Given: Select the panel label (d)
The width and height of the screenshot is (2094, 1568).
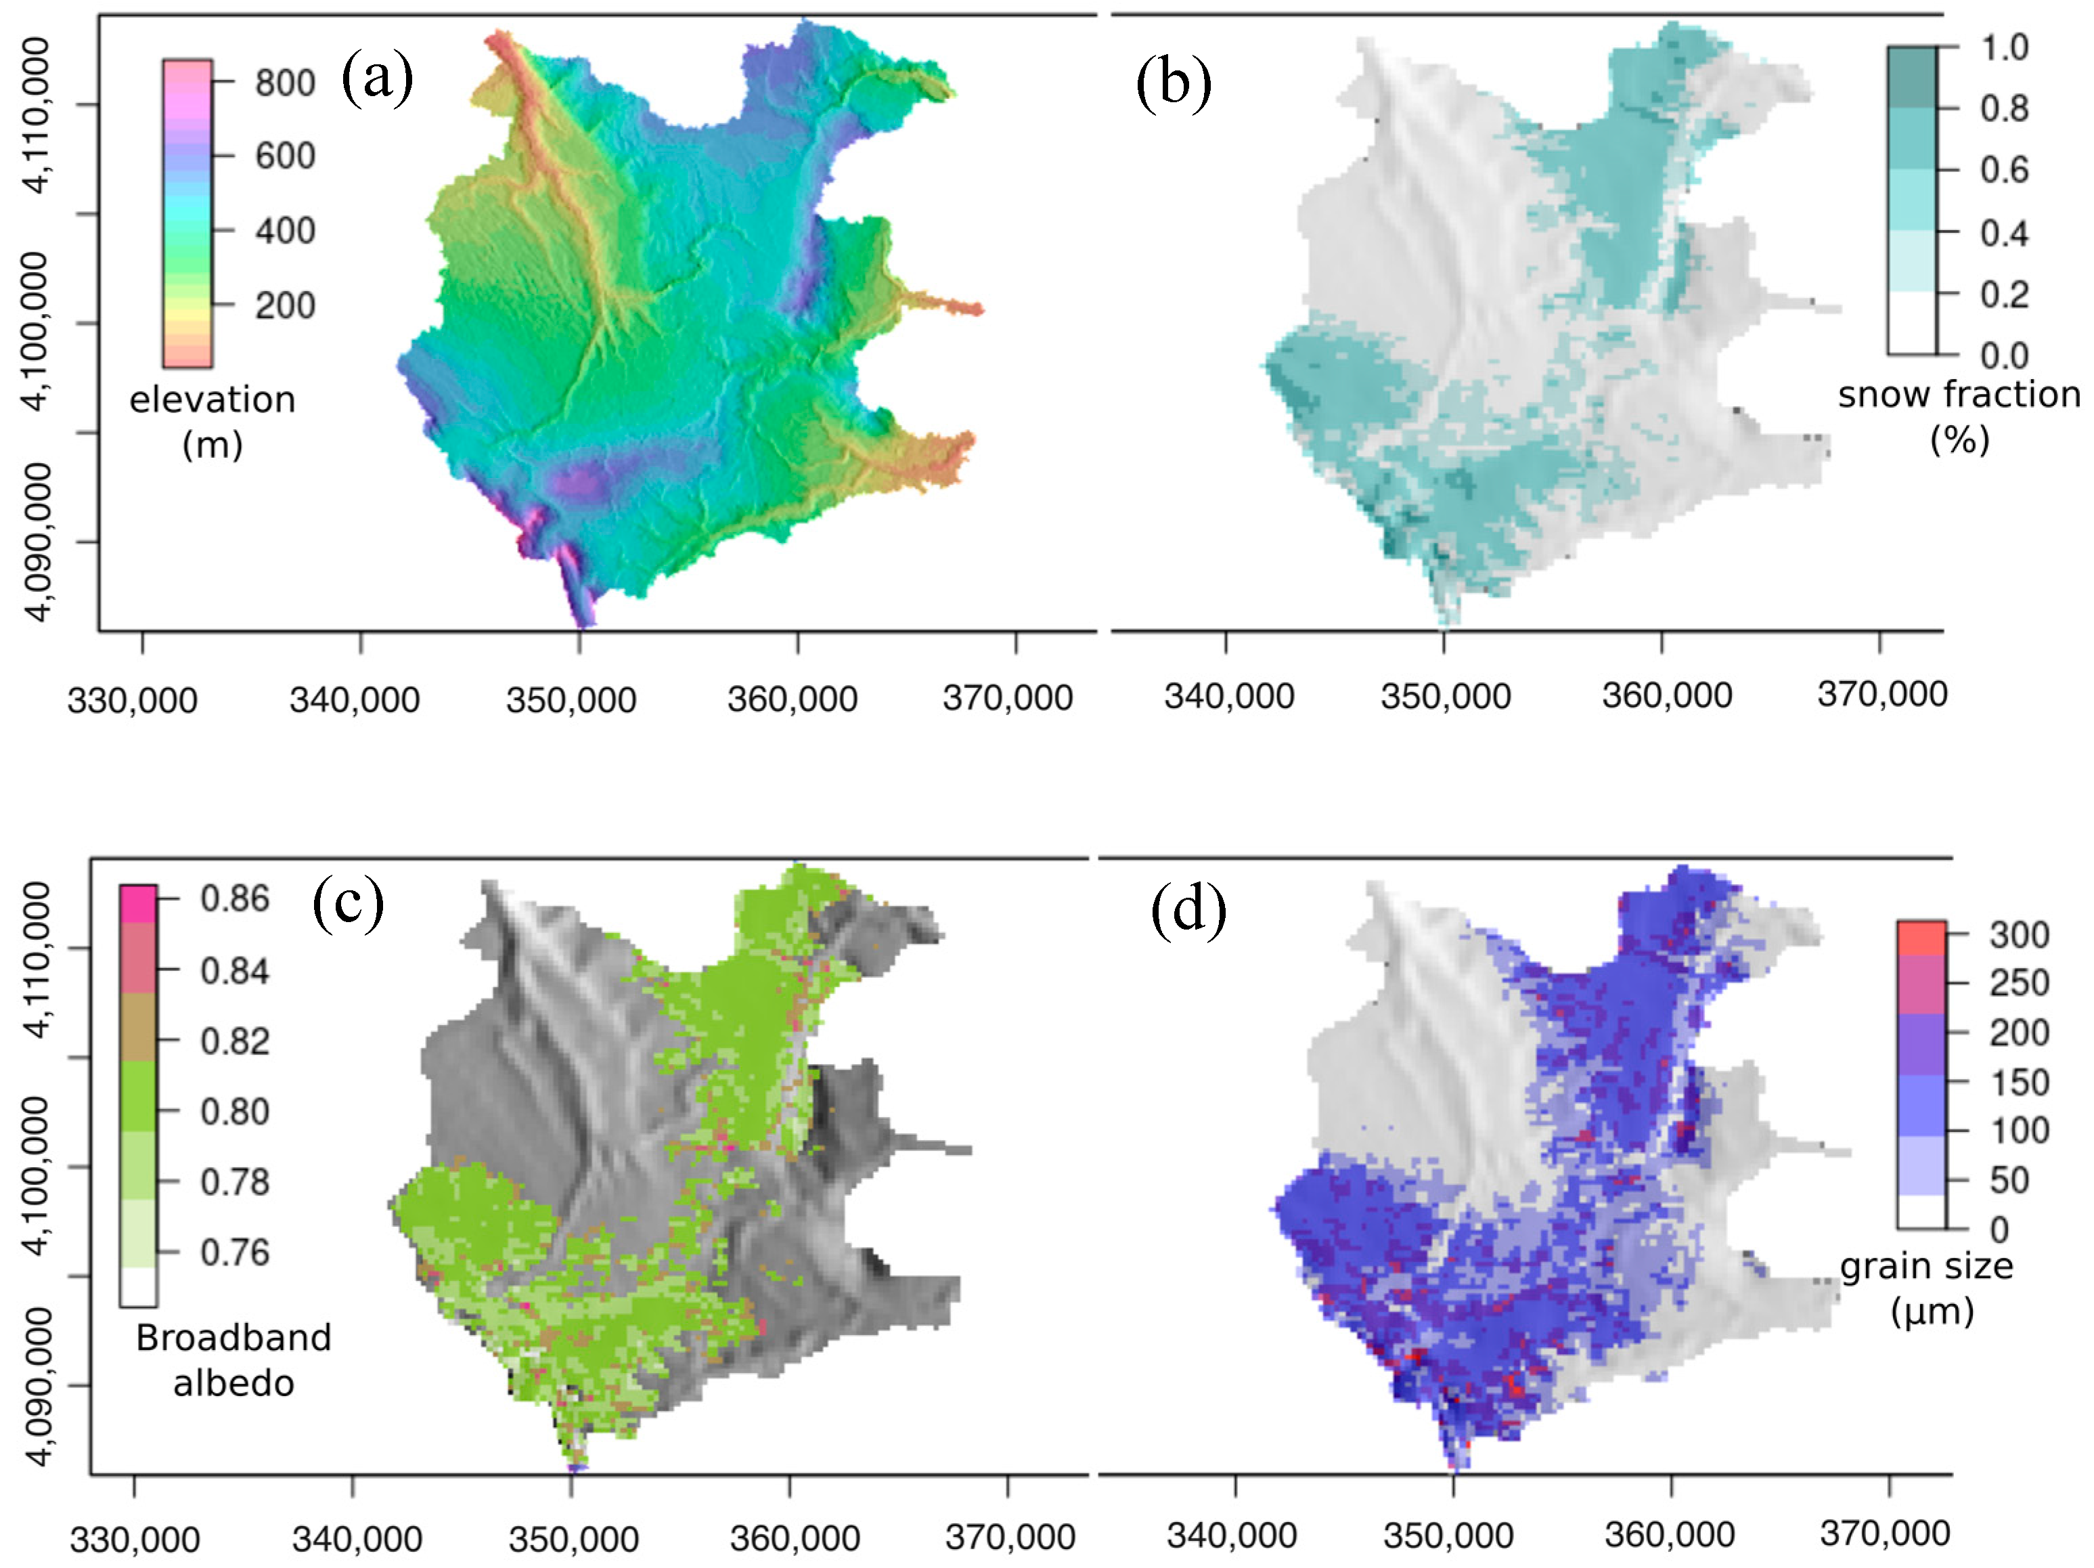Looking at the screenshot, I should pos(1188,910).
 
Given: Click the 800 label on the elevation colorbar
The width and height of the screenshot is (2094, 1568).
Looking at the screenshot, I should pos(285,83).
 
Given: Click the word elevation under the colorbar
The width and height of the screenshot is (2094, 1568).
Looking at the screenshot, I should pos(212,399).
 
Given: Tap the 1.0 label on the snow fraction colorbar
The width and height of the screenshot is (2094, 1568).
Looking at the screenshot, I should pos(2004,47).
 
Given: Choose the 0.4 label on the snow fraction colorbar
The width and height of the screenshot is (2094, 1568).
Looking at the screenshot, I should pos(2004,232).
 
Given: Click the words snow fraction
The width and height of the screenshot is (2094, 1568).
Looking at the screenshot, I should pos(1959,395).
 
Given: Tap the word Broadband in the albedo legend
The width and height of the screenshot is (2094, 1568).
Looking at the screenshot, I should pos(233,1338).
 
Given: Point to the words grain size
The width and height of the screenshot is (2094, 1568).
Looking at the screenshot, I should pos(1926,1266).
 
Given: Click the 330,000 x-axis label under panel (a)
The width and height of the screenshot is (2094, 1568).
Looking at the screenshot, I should pos(133,701).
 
